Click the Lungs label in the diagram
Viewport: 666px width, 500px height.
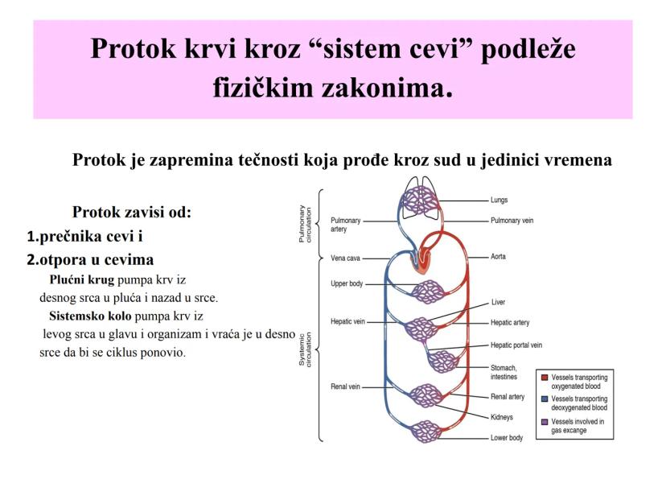click(x=499, y=200)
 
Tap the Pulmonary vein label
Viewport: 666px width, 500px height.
click(x=512, y=220)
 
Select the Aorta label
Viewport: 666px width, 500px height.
click(x=499, y=257)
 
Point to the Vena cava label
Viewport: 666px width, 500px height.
click(x=347, y=258)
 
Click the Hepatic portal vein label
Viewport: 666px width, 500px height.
click(x=516, y=345)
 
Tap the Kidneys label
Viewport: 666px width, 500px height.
click(x=502, y=417)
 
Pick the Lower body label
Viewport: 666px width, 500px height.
click(x=507, y=438)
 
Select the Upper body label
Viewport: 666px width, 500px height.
click(x=347, y=284)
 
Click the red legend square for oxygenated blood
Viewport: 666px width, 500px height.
click(x=545, y=378)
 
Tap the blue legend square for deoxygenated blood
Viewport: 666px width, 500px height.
click(x=545, y=399)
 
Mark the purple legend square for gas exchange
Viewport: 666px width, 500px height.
click(x=545, y=421)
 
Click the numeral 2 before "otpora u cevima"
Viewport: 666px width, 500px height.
click(x=32, y=260)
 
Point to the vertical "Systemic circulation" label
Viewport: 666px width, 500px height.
click(x=306, y=351)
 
